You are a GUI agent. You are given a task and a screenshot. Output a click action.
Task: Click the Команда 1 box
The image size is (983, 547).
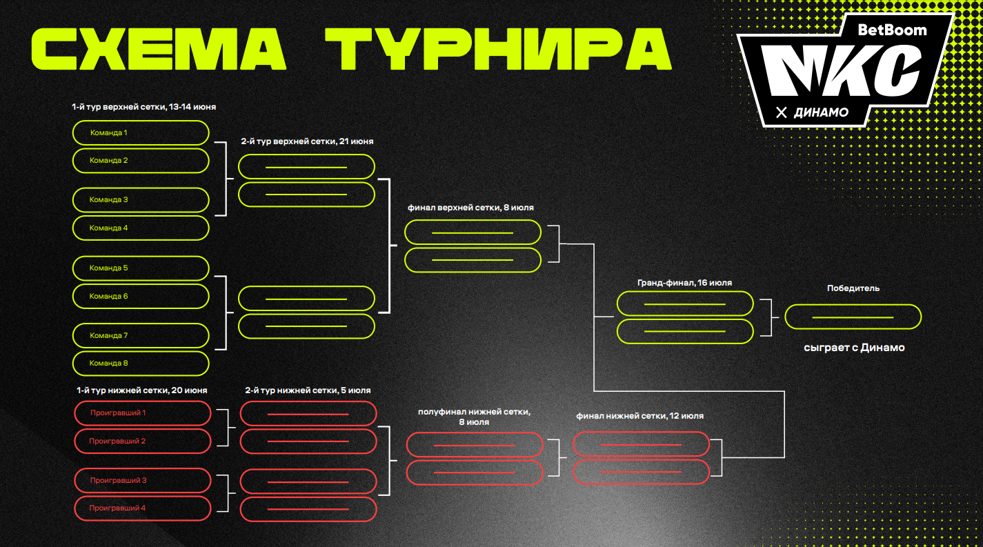140,132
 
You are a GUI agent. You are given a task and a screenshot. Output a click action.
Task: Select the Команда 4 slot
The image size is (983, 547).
140,228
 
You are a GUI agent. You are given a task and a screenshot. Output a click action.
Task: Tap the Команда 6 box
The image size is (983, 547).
140,296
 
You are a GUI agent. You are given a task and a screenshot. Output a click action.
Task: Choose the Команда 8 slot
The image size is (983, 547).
140,363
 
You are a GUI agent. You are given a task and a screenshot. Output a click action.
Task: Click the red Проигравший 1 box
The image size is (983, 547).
141,412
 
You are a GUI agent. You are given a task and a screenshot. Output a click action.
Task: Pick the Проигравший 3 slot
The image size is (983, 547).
141,480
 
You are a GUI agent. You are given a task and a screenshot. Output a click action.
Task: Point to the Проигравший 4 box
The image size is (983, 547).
141,508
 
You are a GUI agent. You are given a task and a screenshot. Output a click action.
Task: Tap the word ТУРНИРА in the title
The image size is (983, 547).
498,49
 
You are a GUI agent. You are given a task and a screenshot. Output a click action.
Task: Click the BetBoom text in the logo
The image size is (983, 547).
891,30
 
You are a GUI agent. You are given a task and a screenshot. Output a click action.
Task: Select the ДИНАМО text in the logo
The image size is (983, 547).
821,112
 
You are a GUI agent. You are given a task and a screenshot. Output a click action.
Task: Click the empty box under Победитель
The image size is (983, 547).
853,317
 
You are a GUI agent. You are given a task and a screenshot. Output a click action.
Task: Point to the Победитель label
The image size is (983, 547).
853,288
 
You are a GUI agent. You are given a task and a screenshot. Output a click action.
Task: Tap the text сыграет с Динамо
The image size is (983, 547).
854,348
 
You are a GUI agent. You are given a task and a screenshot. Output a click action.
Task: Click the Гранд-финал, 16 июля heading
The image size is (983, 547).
684,283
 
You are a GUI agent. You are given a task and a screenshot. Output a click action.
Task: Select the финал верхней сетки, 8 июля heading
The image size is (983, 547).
470,208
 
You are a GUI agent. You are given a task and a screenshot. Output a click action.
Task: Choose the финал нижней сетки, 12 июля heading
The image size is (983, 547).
639,416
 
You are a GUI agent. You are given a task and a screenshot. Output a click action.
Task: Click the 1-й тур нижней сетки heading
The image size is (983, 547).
141,390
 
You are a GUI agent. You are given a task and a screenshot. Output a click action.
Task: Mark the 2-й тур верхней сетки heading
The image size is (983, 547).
307,141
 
